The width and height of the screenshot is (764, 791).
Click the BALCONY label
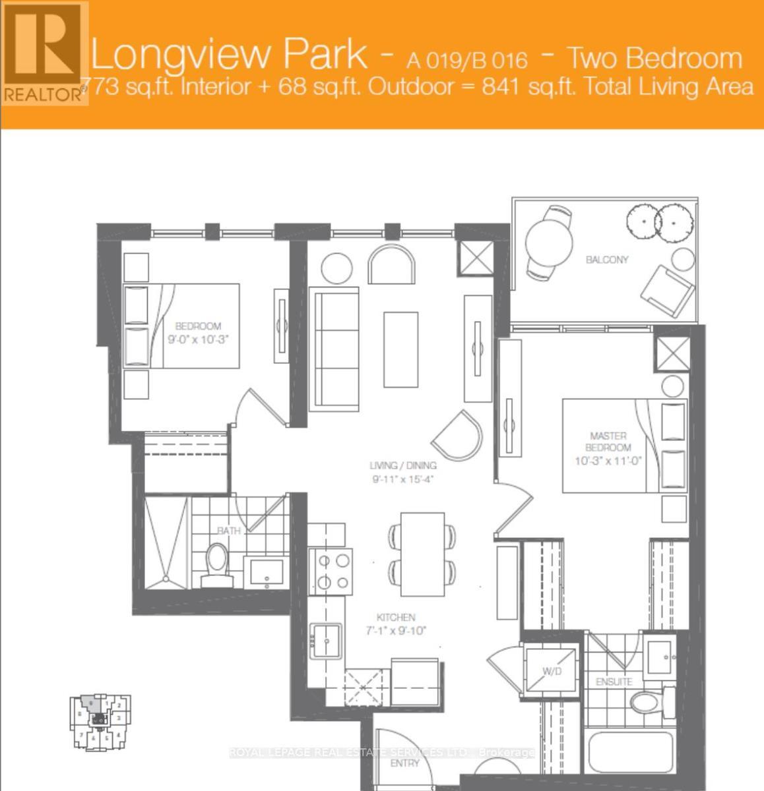click(607, 260)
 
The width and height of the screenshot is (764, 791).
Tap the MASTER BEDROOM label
click(608, 442)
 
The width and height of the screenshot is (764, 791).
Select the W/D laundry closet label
click(552, 671)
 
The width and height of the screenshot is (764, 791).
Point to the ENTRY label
click(404, 763)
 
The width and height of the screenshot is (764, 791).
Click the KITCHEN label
click(396, 618)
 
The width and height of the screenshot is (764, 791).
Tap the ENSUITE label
click(614, 681)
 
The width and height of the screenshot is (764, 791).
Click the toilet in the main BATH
click(216, 566)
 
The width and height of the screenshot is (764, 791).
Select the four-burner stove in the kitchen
click(333, 571)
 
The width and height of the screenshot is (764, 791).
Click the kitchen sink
click(327, 639)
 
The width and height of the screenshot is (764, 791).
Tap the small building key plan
click(100, 722)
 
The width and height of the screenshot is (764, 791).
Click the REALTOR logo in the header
click(44, 52)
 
